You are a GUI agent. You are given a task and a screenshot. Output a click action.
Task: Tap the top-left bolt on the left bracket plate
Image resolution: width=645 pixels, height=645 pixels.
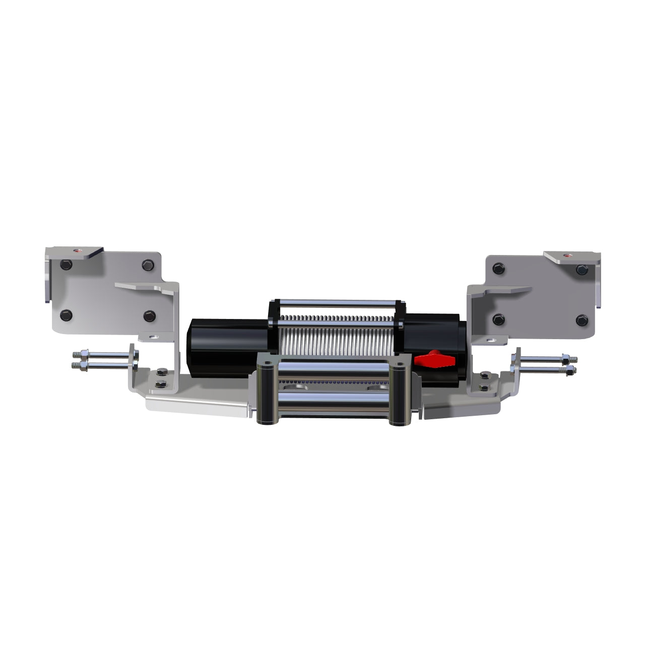pyautogui.click(x=66, y=265)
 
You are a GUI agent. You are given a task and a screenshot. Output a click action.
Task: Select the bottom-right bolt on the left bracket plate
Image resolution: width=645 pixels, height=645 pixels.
pyautogui.click(x=149, y=316)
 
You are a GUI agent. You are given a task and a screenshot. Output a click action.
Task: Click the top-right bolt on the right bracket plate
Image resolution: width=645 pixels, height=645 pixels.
pyautogui.click(x=582, y=270)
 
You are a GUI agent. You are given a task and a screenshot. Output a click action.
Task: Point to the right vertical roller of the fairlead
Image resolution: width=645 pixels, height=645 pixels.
pyautogui.click(x=401, y=393)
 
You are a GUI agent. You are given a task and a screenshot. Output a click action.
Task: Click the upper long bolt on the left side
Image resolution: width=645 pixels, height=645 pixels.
pyautogui.click(x=101, y=355)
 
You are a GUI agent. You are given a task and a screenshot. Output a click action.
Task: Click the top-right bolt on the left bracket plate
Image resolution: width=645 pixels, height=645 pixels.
pyautogui.click(x=147, y=265)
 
